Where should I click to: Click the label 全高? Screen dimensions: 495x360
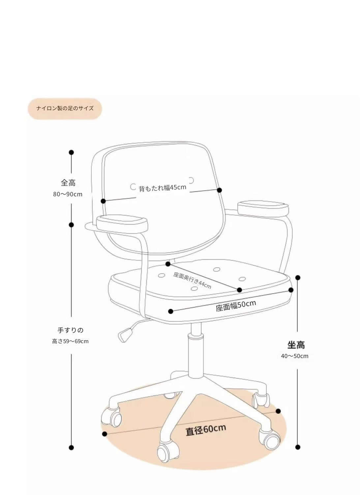coord(68,182)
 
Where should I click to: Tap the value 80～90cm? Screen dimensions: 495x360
coord(68,194)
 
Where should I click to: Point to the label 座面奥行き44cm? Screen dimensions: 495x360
coord(192,280)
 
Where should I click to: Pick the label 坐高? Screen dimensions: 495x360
coord(296,345)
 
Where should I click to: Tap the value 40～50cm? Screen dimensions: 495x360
coord(295,356)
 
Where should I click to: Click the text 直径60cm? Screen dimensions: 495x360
coord(206,430)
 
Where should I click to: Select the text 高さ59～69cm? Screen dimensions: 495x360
coord(70,341)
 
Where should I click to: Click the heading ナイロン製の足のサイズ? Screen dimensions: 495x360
coord(65,108)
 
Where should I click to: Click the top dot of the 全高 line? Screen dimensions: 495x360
coord(71,152)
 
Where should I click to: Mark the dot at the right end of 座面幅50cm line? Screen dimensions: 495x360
coord(291,290)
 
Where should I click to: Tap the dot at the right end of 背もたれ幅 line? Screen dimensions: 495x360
coord(220,190)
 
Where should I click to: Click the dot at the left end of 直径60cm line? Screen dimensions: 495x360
coord(105,434)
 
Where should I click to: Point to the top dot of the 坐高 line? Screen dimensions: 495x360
coord(298,278)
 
